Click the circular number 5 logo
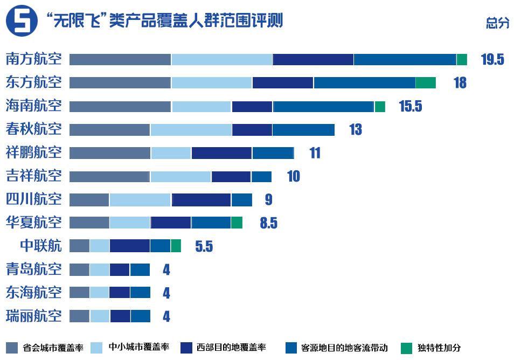pos(21,21)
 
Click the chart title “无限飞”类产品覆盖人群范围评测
pos(164,21)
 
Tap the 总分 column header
pos(497,23)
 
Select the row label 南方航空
pos(33,59)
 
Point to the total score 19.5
pos(492,60)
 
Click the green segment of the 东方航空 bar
pos(425,82)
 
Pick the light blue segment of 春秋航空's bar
pos(191,129)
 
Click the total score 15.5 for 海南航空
pos(410,106)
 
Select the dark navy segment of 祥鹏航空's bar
pos(221,153)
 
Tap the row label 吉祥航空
pos(33,176)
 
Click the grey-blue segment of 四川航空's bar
pos(89,199)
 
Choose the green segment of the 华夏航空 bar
pos(237,223)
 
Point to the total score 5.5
pos(204,247)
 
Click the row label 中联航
pos(40,246)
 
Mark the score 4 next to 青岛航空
pos(166,270)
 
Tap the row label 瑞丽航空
pos(33,316)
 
